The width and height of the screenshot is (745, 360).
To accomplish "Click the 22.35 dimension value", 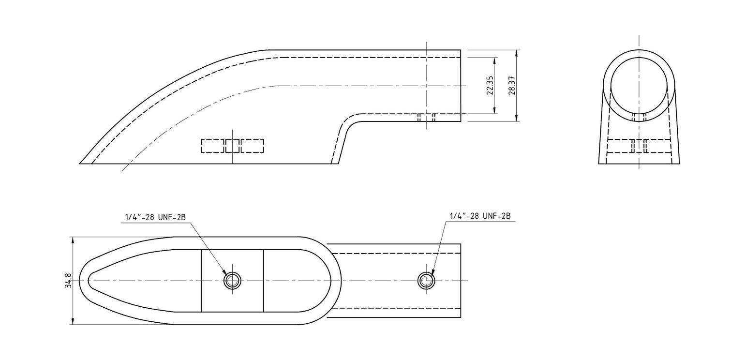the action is click(490, 86).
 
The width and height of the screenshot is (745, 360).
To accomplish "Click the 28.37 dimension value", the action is click(512, 86).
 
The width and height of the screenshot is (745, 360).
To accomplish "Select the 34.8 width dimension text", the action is click(68, 281).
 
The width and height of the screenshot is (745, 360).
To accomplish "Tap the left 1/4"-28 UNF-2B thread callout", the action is click(155, 217).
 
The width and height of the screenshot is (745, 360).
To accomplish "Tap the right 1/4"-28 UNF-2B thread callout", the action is click(480, 216).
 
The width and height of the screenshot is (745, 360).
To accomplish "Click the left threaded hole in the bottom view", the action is click(232, 281).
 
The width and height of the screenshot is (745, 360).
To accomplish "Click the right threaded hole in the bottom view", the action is click(426, 281).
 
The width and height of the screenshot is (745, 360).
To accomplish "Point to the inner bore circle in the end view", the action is click(639, 86).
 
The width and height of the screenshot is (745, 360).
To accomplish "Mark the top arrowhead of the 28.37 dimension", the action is click(517, 53).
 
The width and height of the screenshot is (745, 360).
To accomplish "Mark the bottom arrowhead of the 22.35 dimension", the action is click(494, 110).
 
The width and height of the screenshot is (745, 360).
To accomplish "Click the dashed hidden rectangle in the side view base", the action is click(232, 146).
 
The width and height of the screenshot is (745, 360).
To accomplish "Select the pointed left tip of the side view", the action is click(79, 164).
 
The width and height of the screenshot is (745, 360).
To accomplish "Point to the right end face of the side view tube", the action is click(461, 86).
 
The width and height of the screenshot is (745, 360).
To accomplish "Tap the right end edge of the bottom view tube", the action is click(461, 281).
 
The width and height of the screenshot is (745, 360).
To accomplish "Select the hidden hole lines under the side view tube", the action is click(426, 118).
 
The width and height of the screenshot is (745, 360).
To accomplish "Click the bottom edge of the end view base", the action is click(639, 164).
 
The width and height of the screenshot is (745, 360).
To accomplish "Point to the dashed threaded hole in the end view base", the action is click(639, 146).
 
